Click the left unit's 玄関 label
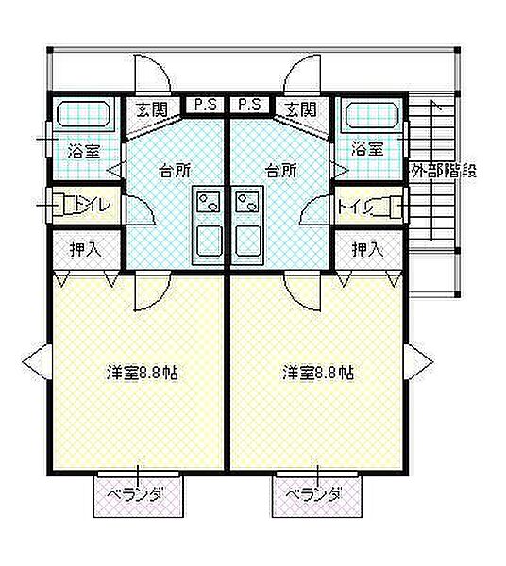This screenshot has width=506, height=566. click(152, 109)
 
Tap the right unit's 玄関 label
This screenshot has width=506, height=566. click(301, 109)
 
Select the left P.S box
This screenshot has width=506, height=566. click(205, 105)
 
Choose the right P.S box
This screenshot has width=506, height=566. click(250, 105)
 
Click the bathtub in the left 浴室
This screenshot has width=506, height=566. click(84, 114)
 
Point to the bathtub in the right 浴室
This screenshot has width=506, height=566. click(374, 114)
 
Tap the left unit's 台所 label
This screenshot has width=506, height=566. click(176, 171)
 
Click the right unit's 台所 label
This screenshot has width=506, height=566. click(281, 171)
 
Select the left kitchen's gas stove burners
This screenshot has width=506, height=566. click(208, 202)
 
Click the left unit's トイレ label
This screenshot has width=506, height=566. click(92, 205)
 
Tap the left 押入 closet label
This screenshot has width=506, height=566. click(86, 249)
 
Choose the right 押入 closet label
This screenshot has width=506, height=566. click(368, 249)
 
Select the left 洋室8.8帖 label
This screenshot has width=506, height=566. click(143, 373)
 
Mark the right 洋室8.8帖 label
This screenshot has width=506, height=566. click(318, 373)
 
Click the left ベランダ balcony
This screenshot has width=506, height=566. click(139, 496)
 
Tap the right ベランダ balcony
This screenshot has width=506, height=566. click(317, 496)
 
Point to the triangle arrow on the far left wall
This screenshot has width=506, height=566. click(37, 361)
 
